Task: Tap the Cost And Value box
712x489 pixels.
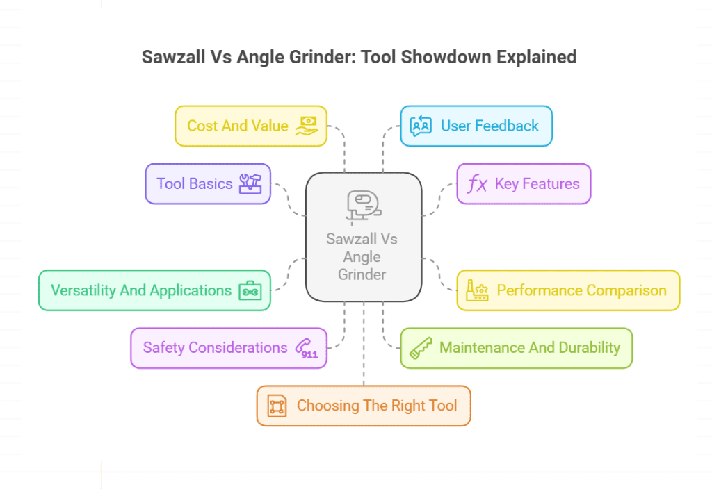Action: (250, 126)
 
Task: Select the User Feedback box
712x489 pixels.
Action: (476, 126)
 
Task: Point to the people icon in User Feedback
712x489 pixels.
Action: (421, 126)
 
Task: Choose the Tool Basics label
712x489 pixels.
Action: (195, 183)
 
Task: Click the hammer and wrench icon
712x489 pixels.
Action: (250, 183)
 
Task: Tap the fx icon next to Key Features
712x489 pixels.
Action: (477, 184)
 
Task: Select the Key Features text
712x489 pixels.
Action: (537, 184)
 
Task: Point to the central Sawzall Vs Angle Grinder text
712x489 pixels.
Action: (362, 256)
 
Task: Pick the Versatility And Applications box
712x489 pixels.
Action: (154, 290)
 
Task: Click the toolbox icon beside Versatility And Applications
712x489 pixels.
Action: (249, 291)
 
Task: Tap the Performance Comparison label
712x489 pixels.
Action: (581, 290)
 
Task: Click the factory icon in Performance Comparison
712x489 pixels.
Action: (477, 290)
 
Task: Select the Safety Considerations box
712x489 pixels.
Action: (228, 348)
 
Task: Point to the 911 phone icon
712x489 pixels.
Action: (307, 348)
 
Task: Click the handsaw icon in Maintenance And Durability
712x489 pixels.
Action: (421, 348)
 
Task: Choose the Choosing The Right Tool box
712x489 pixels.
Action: (364, 406)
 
